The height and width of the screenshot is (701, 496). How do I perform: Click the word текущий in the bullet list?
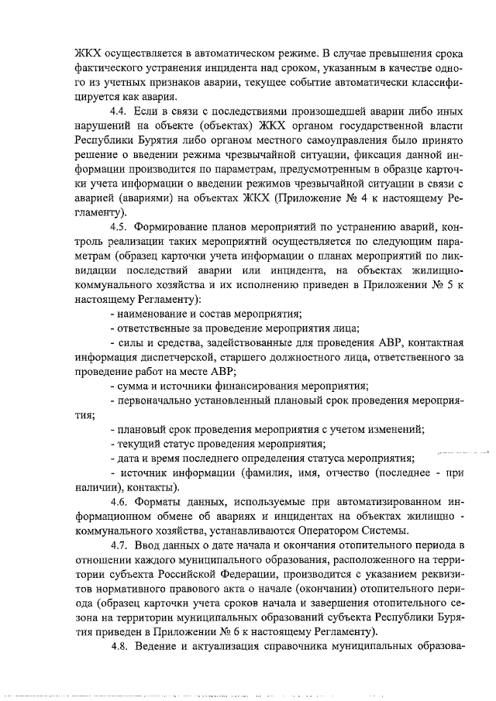pos(137,445)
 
